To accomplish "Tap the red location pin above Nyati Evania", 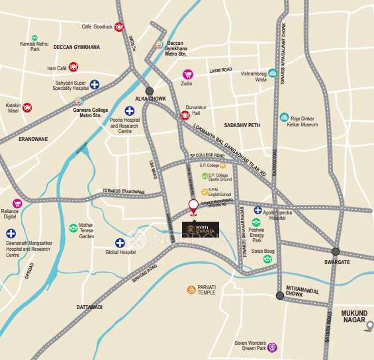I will pyautogui.click(x=193, y=206).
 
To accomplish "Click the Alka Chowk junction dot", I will pyautogui.click(x=150, y=91).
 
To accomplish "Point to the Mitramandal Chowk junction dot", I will pyautogui.click(x=280, y=296).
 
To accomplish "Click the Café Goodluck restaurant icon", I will pyautogui.click(x=119, y=27).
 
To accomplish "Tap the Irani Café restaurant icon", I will pyautogui.click(x=73, y=67).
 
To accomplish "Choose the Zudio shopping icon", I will pyautogui.click(x=187, y=74).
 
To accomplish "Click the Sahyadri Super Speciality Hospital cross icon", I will pyautogui.click(x=95, y=84).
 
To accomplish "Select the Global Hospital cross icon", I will pyautogui.click(x=120, y=243).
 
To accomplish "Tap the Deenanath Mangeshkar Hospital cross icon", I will pyautogui.click(x=11, y=234).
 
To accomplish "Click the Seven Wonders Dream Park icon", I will pyautogui.click(x=272, y=346).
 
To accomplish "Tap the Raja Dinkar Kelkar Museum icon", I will pyautogui.click(x=284, y=117).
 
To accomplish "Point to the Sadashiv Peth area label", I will pyautogui.click(x=243, y=124).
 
